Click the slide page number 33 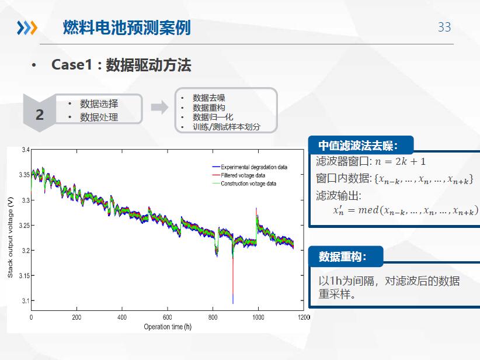point(444,27)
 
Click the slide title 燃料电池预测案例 point(127,27)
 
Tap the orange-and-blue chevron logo point(27,27)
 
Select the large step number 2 point(40,115)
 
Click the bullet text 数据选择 point(99,104)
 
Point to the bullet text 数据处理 point(99,117)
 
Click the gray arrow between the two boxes point(159,107)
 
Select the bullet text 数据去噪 point(209,98)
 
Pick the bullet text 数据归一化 point(213,117)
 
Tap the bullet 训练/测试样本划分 point(227,127)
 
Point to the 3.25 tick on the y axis point(25,226)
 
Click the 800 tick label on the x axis point(213,317)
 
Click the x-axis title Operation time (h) point(168,327)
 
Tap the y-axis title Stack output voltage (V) point(10,237)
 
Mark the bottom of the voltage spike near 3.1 point(233,303)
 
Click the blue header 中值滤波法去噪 point(358,146)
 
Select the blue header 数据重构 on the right point(343,257)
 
